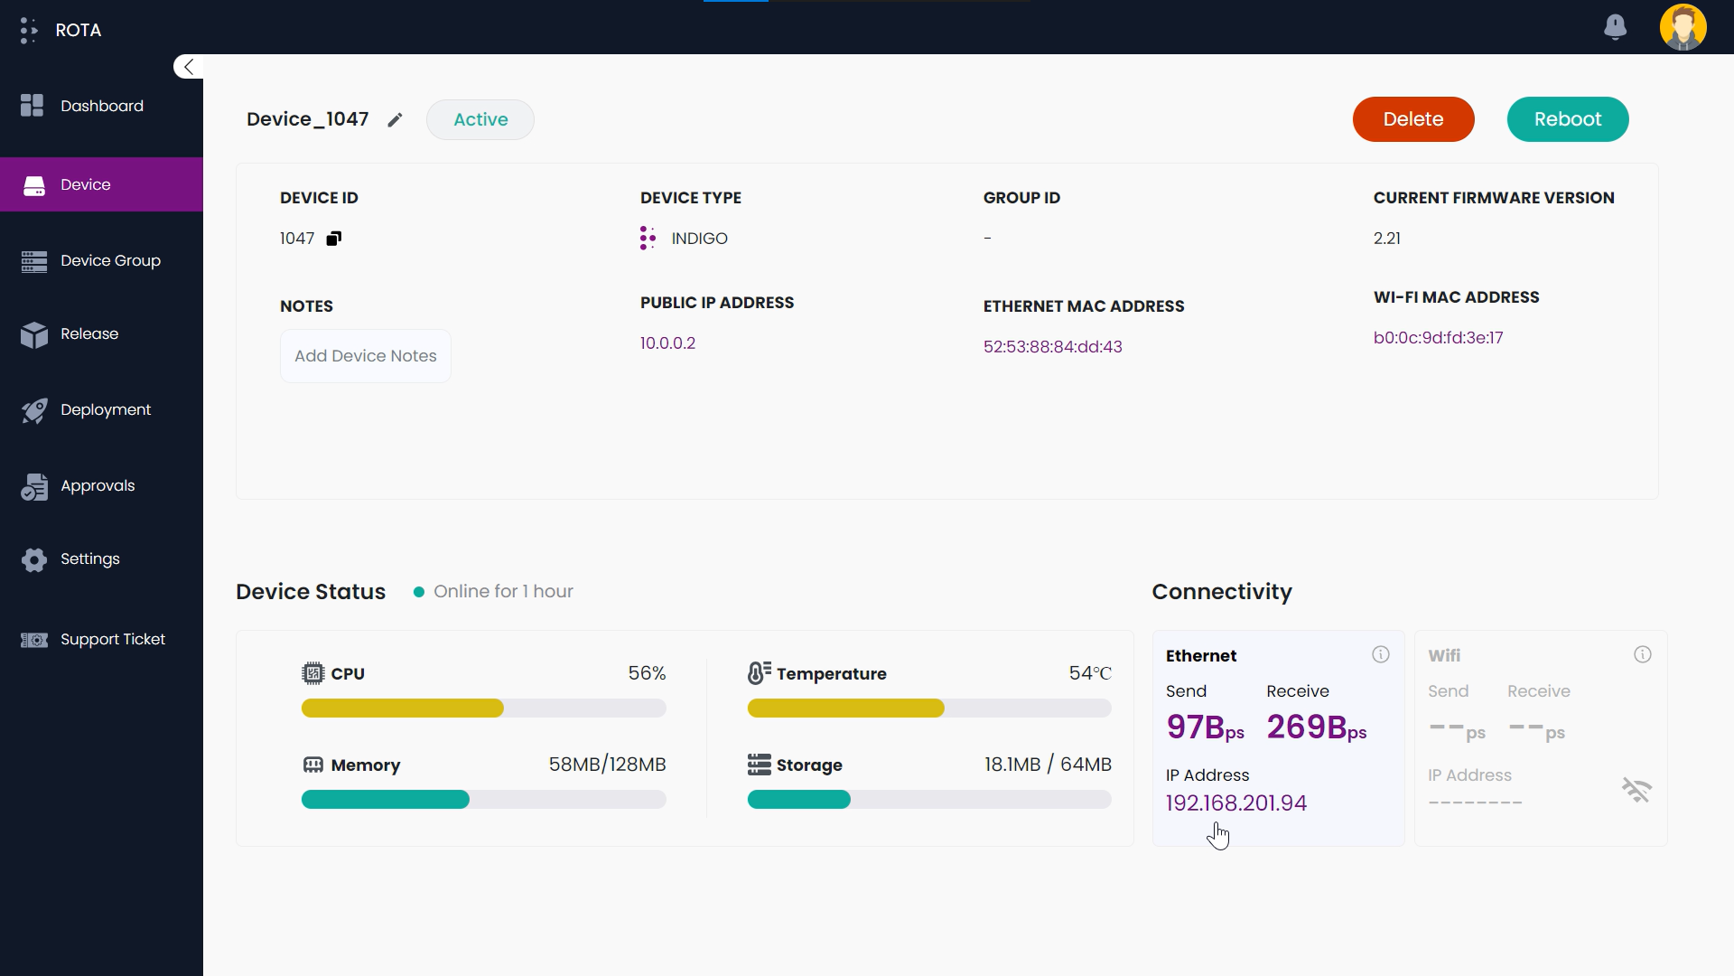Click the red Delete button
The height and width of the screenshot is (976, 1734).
[1412, 119]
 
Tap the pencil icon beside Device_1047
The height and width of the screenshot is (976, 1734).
[395, 120]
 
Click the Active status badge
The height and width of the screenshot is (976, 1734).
[480, 119]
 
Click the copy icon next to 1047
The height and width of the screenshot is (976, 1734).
[334, 239]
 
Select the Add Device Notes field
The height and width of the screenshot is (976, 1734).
[365, 356]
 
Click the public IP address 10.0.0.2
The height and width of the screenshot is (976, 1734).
[667, 343]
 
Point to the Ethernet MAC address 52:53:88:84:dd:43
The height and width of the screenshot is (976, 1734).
[1052, 347]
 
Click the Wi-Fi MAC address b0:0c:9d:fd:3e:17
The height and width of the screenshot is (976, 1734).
[1438, 338]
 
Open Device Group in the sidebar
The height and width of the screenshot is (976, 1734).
[110, 261]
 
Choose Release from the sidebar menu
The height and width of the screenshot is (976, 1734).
[89, 334]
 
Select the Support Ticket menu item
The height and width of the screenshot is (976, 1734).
[112, 640]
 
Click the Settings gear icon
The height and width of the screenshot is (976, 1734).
[34, 560]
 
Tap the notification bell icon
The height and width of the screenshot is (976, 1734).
[1615, 27]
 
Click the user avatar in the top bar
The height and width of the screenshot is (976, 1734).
[1683, 27]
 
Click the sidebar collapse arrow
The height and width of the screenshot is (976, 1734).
[188, 67]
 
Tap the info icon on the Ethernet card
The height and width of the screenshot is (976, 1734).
[1380, 655]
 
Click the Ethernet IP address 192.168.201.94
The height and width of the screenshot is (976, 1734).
[1235, 803]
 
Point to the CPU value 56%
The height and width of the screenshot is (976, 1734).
[647, 673]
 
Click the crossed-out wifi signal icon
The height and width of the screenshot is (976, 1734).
[1636, 791]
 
